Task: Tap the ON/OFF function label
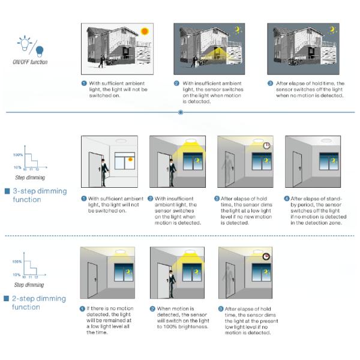tap(30, 62)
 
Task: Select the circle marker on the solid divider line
tap(181, 112)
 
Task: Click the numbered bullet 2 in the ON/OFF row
tap(177, 83)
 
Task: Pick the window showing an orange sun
tap(124, 163)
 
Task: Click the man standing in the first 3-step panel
tap(103, 172)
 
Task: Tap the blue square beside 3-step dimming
tap(6, 191)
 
